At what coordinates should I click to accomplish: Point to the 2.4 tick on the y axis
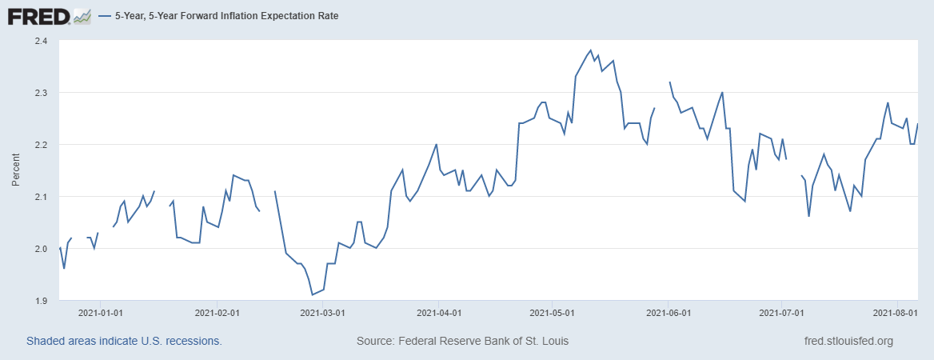41,41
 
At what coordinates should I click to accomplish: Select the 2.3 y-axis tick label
41,93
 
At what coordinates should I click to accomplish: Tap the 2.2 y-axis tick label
41,145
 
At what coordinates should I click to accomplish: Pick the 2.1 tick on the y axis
41,197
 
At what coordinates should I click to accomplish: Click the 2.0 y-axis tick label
41,249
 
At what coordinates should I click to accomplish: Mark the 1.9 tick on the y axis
41,301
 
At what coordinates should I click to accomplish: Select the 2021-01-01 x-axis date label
102,313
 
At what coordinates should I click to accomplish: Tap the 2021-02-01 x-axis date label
218,313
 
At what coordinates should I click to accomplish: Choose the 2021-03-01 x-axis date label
323,313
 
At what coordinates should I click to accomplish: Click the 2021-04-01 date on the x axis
439,313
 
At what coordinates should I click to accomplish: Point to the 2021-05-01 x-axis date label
552,313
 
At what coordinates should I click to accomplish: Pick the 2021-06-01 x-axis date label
669,313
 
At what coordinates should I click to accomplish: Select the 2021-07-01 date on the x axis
780,313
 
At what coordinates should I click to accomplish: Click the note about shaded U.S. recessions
124,341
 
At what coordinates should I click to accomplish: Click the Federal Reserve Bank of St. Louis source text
462,341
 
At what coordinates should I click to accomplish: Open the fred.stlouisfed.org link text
848,341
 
